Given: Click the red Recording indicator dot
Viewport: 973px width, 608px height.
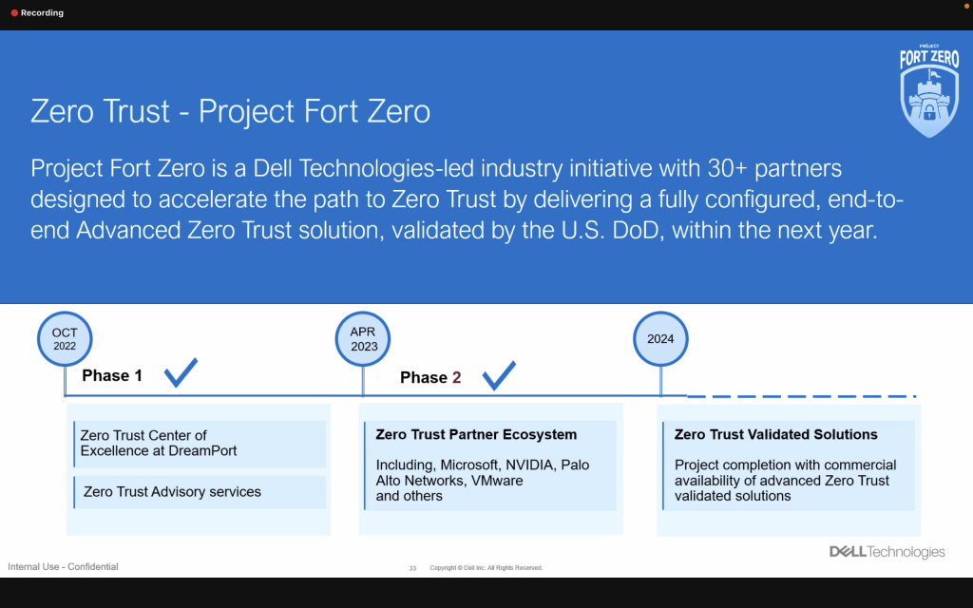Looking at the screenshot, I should point(14,13).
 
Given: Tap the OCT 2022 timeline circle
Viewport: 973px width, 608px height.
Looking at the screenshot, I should point(65,339).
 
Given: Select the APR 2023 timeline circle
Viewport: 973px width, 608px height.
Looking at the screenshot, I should point(363,339).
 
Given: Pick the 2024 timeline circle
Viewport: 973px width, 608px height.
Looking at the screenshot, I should point(660,339).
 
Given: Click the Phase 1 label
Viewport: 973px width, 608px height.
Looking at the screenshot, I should point(112,375).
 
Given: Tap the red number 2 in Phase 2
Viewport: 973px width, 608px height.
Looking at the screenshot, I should point(456,378).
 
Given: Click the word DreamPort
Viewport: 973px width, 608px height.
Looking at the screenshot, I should point(202,450).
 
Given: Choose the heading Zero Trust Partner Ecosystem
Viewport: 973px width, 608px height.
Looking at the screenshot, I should point(476,435).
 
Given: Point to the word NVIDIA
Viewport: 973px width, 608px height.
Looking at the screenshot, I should point(530,465).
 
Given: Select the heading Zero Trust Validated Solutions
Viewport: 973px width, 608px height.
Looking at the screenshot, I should point(775,435).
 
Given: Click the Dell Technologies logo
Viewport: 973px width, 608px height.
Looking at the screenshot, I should point(887,552).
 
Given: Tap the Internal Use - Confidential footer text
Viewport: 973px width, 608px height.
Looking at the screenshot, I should point(63,567).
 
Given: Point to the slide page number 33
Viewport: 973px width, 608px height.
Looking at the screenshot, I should point(412,568).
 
